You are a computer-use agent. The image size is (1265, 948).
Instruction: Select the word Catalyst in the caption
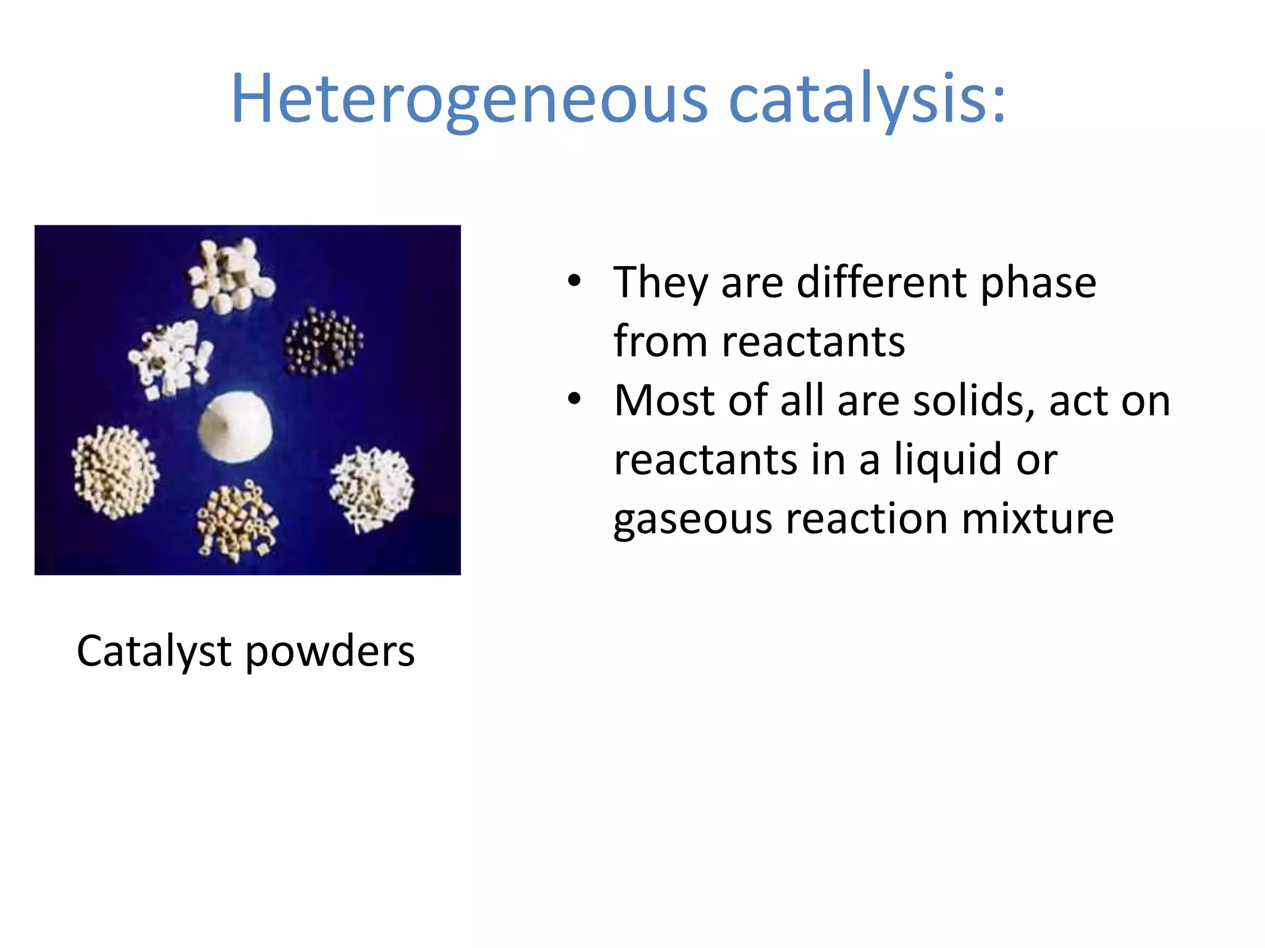tap(154, 652)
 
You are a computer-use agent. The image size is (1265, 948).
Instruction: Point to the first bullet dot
tap(574, 281)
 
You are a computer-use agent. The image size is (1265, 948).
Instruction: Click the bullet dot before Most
tap(574, 400)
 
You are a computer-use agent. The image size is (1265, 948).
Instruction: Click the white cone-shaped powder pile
tap(235, 426)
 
